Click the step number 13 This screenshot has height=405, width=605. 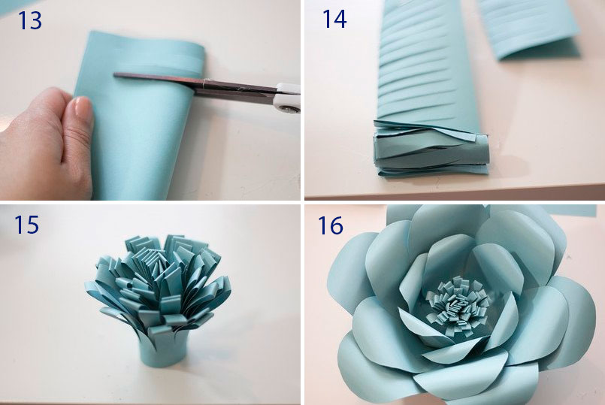pyautogui.click(x=30, y=20)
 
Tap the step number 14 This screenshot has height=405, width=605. pyautogui.click(x=334, y=19)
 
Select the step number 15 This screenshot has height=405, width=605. pyautogui.click(x=26, y=224)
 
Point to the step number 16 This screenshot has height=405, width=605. pyautogui.click(x=330, y=225)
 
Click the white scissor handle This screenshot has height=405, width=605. pyautogui.click(x=287, y=98)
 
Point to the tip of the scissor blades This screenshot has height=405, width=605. pyautogui.click(x=114, y=75)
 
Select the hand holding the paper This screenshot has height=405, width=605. pyautogui.click(x=46, y=144)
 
